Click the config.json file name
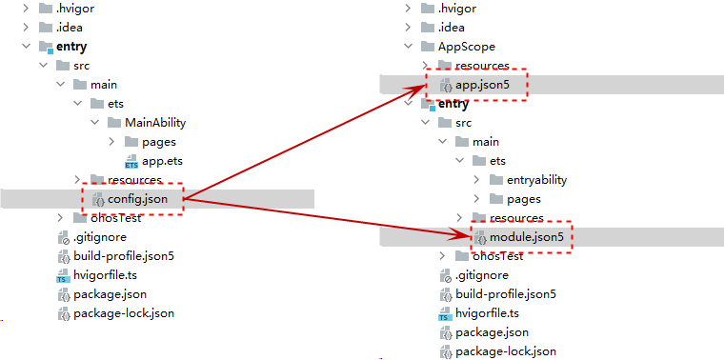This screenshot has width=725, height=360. [x=137, y=199]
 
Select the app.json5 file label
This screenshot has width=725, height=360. [x=485, y=85]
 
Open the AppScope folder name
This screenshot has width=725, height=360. [x=466, y=47]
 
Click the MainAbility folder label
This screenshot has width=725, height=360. [x=155, y=123]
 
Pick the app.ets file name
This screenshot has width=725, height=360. [x=162, y=161]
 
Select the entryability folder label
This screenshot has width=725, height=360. [x=536, y=180]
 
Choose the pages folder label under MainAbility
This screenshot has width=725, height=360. [x=159, y=142]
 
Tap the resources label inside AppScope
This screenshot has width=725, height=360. [x=482, y=66]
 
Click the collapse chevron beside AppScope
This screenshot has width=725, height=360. [x=408, y=47]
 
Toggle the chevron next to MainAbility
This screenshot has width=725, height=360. [x=94, y=123]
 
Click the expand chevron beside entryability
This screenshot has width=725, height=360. [x=477, y=179]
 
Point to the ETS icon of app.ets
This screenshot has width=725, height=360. [x=131, y=162]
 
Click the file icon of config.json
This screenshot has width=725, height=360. [x=98, y=200]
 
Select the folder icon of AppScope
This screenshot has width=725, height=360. [x=427, y=47]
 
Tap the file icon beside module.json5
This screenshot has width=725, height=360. [x=480, y=237]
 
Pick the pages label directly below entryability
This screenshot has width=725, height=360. [x=524, y=199]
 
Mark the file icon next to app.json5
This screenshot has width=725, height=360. [x=446, y=86]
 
